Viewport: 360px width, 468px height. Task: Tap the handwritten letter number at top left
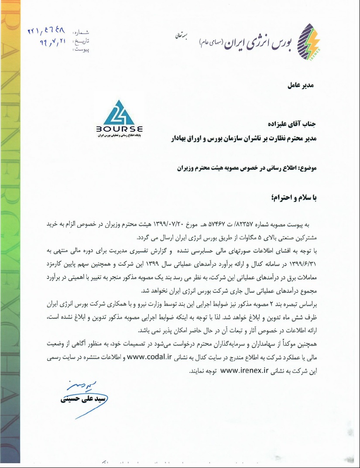click(45, 31)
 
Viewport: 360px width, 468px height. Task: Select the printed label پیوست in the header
click(81, 50)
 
